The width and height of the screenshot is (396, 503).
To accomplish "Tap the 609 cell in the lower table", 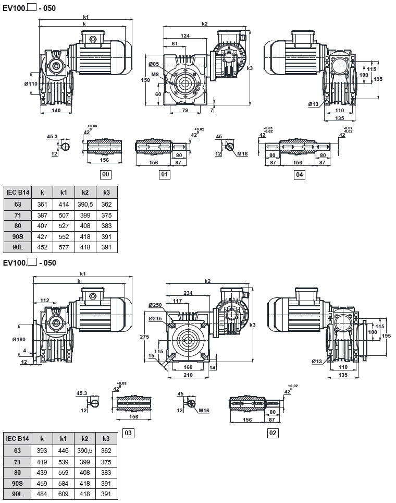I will (64, 494).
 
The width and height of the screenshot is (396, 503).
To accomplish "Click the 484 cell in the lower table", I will (42, 494).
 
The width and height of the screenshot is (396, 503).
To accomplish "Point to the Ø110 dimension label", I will (31, 84).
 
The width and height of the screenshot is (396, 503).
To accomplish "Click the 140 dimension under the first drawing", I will (56, 111).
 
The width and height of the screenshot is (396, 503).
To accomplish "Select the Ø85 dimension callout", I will (153, 64).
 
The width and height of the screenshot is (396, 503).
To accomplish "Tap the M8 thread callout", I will (155, 75).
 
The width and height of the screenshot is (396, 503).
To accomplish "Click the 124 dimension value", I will (185, 35).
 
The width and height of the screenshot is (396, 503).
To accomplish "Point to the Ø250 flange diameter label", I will (155, 305).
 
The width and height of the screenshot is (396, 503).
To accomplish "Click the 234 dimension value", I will (189, 293).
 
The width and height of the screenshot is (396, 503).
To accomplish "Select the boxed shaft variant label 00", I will (105, 175).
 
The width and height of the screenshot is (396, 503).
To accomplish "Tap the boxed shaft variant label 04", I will (299, 175).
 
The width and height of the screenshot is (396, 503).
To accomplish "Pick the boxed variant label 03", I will (128, 433).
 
